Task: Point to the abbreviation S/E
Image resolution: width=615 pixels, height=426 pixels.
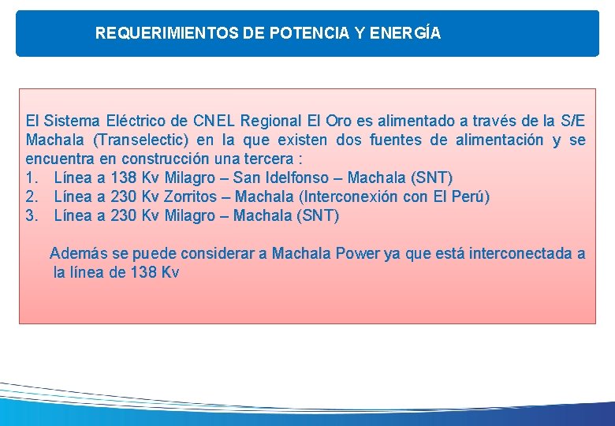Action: (572, 121)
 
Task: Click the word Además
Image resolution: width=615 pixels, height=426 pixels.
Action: (77, 254)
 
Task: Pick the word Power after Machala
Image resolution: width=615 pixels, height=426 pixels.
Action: (360, 254)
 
